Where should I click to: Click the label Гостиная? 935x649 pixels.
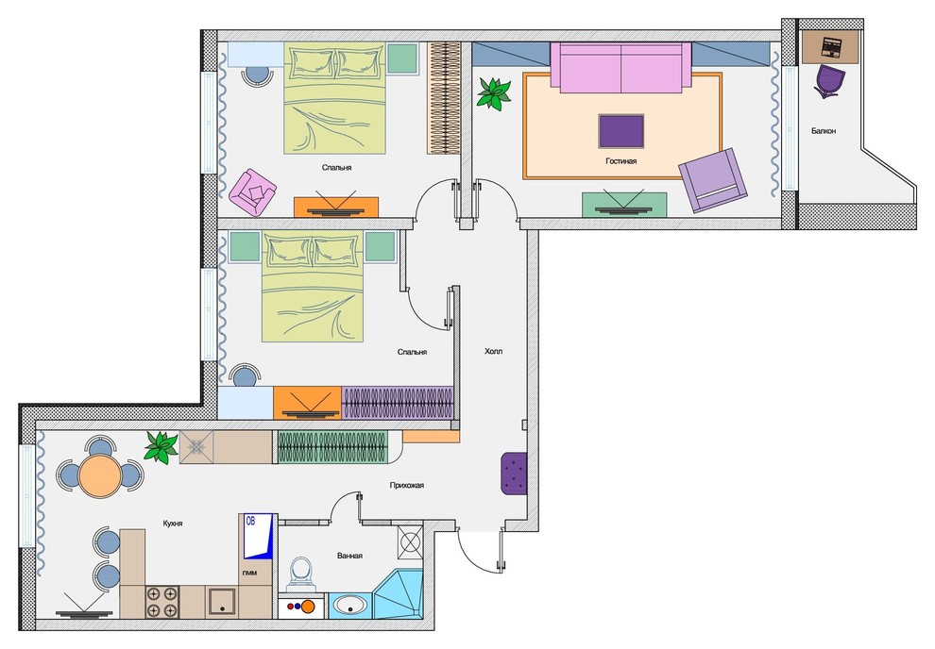click(x=620, y=160)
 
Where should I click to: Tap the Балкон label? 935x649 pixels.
click(x=824, y=130)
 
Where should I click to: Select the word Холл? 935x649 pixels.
click(x=494, y=351)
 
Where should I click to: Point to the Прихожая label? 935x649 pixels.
click(x=407, y=485)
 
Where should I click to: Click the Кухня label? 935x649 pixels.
click(x=173, y=524)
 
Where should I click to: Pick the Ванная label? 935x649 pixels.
click(x=349, y=557)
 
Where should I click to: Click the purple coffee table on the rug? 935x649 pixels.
click(x=621, y=131)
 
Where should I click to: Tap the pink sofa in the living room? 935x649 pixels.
click(x=620, y=68)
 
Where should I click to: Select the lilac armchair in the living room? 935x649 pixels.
click(x=712, y=180)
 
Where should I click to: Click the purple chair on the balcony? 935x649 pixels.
click(x=829, y=81)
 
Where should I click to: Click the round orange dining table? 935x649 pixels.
click(x=99, y=475)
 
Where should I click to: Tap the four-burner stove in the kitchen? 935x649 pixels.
click(x=162, y=602)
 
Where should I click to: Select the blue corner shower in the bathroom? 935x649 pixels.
click(x=398, y=595)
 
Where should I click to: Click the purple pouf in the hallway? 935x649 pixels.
click(x=514, y=474)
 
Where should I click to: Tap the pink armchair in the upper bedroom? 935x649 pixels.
click(x=253, y=192)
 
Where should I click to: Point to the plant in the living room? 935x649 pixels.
click(x=494, y=92)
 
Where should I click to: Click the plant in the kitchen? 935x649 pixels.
click(x=161, y=446)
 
